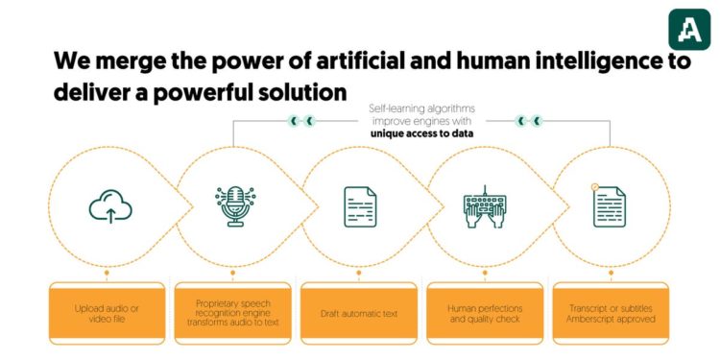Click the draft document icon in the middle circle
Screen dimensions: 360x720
[360, 206]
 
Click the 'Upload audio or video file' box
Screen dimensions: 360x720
[108, 313]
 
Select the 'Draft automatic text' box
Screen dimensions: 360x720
[359, 313]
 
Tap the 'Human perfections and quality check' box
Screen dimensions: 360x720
[485, 313]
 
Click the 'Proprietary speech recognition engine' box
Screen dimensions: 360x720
[233, 313]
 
